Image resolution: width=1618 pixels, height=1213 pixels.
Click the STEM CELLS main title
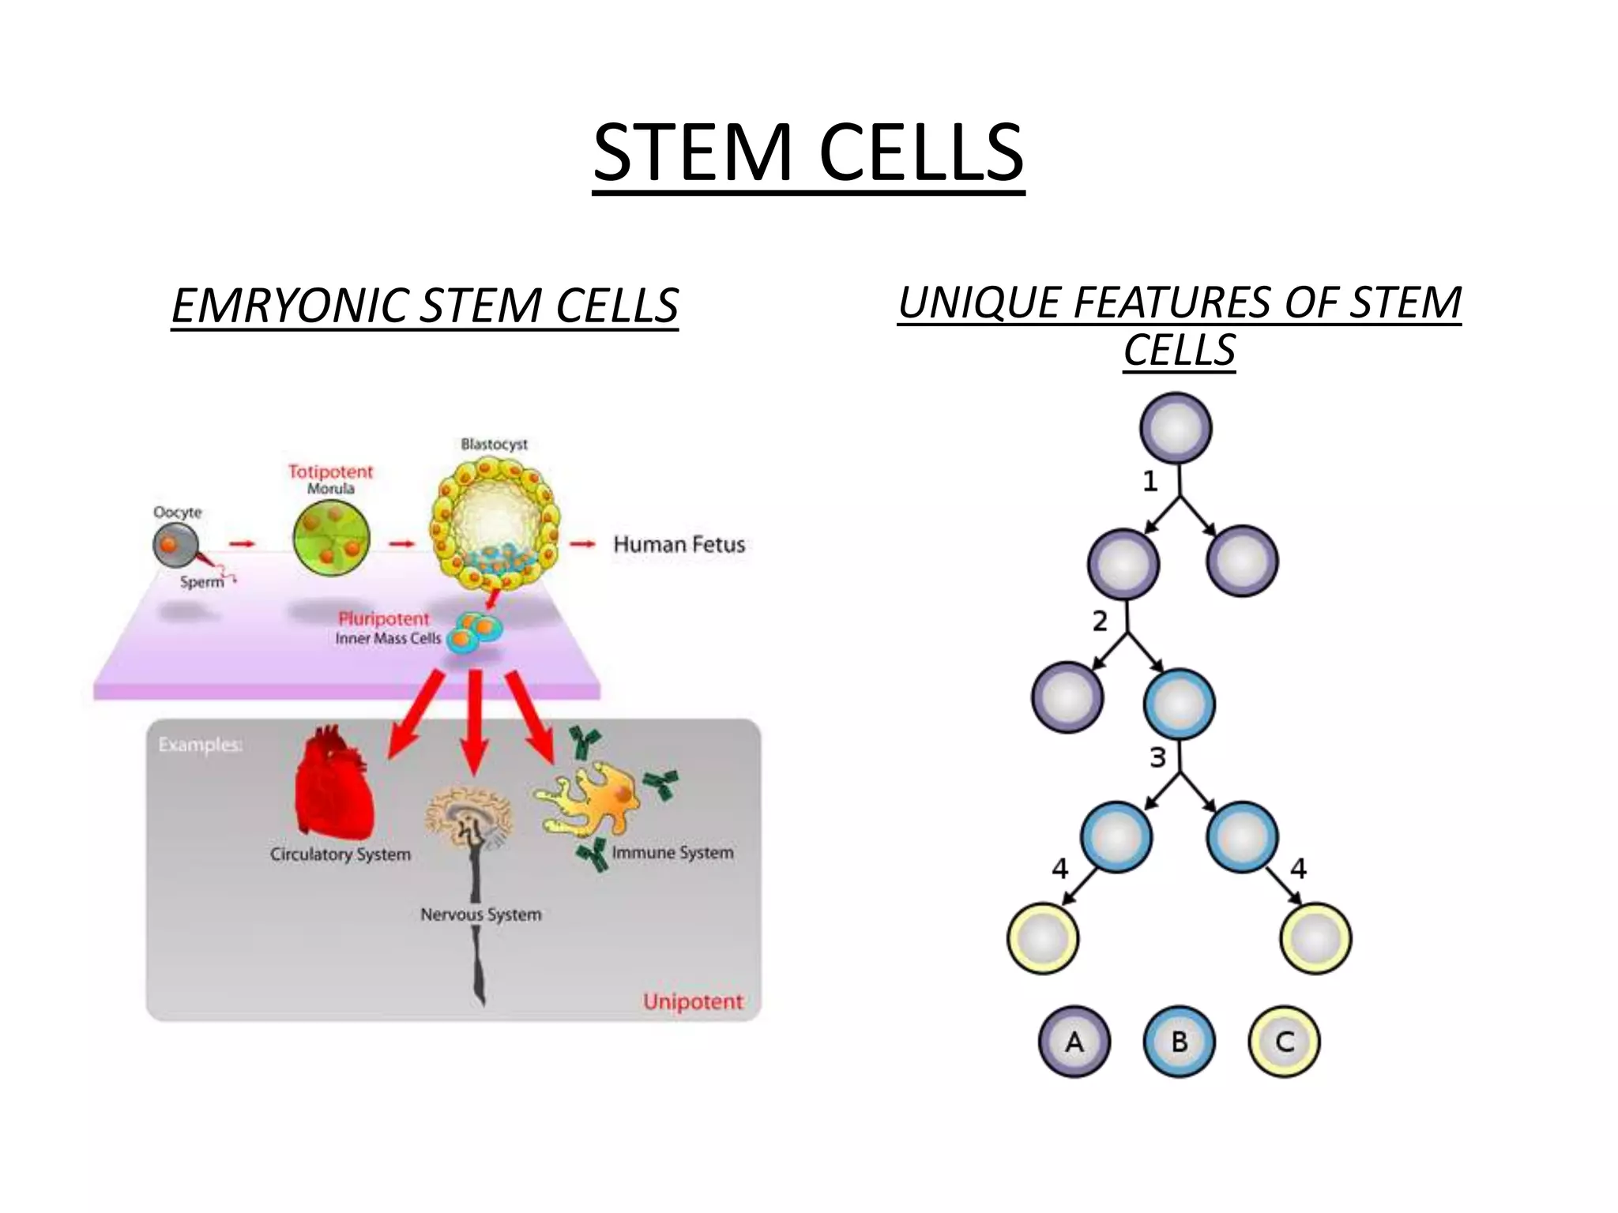tap(808, 152)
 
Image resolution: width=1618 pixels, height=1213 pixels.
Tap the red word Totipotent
tap(329, 471)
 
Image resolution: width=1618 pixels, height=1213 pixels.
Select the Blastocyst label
tap(494, 444)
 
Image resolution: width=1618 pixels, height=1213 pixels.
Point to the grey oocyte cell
tap(175, 544)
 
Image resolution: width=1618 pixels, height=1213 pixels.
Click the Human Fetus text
tap(679, 544)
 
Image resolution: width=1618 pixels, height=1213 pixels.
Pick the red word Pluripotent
tap(384, 618)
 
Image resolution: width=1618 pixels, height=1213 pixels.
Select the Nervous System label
tap(480, 914)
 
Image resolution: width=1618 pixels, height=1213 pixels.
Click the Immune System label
tap(672, 852)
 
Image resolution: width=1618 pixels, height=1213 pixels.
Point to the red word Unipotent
tap(693, 1001)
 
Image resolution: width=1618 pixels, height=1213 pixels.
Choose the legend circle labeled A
tap(1074, 1042)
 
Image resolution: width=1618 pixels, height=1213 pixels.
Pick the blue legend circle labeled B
tap(1179, 1042)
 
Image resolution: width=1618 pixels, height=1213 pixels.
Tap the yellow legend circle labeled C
tap(1285, 1042)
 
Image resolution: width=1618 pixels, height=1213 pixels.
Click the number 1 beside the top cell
tap(1150, 481)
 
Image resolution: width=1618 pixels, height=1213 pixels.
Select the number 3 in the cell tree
tap(1157, 757)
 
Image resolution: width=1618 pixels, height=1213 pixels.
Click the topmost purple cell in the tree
tap(1176, 428)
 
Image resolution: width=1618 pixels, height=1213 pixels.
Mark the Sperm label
tap(201, 582)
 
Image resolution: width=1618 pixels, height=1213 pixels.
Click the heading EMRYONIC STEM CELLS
tap(425, 306)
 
